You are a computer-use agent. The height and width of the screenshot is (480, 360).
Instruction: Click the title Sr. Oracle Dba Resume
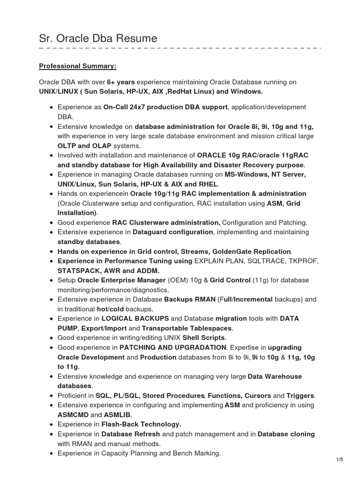[x=98, y=38]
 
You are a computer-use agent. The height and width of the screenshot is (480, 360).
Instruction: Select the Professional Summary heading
[x=78, y=66]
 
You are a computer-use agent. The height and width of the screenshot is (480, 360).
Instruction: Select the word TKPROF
[x=303, y=261]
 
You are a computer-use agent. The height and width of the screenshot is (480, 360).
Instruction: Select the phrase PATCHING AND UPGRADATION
[x=172, y=347]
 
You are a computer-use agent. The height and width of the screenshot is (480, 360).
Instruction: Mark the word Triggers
[x=300, y=396]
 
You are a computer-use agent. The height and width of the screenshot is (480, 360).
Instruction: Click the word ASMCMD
[x=73, y=415]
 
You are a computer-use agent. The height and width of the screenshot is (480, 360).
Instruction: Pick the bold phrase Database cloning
[x=286, y=434]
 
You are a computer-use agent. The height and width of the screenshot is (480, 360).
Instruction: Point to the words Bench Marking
[x=198, y=453]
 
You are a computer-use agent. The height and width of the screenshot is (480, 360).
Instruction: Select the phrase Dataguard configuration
[x=173, y=232]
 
